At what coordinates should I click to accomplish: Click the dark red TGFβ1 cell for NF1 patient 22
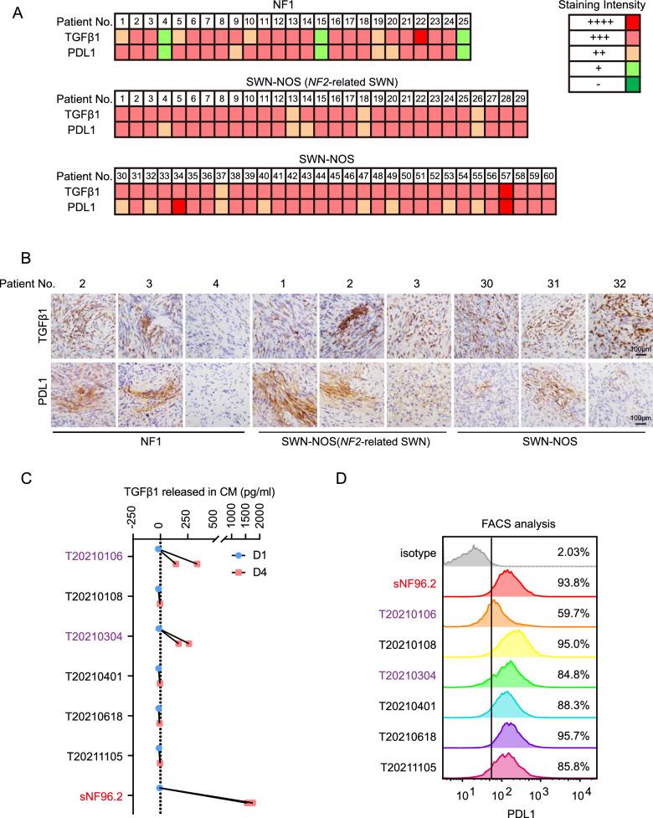(x=420, y=37)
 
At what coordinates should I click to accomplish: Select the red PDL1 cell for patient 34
(x=177, y=207)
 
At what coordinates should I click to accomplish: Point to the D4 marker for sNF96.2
(x=249, y=802)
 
